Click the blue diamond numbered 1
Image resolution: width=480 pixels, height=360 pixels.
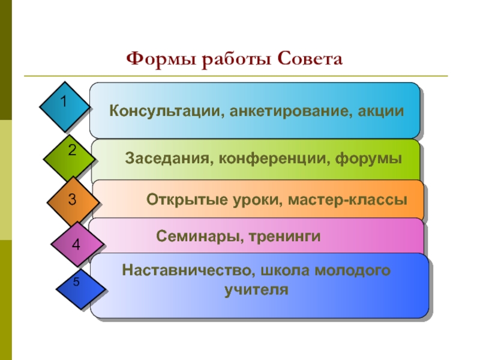coord(65,107)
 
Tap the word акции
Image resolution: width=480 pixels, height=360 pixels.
coord(380,112)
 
